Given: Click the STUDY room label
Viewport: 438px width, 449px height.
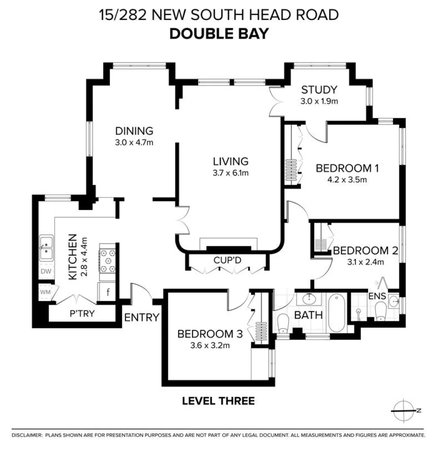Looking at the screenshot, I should (x=319, y=89).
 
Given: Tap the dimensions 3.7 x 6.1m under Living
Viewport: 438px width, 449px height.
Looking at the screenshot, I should (x=230, y=173).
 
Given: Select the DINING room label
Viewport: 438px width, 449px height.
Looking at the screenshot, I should (x=134, y=131).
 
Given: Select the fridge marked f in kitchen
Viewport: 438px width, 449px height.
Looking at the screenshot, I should (x=108, y=292).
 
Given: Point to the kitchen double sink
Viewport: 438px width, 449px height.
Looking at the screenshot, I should (x=46, y=248).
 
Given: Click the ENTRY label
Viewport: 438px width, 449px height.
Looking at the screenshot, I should (x=142, y=318).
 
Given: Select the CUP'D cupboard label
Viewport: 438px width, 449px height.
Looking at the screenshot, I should (x=227, y=260).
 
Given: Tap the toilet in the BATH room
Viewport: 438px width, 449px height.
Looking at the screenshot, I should (x=283, y=323).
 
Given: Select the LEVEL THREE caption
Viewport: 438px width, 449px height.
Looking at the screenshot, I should (x=218, y=401).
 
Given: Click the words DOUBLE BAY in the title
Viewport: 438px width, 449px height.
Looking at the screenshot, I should (x=219, y=34).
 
